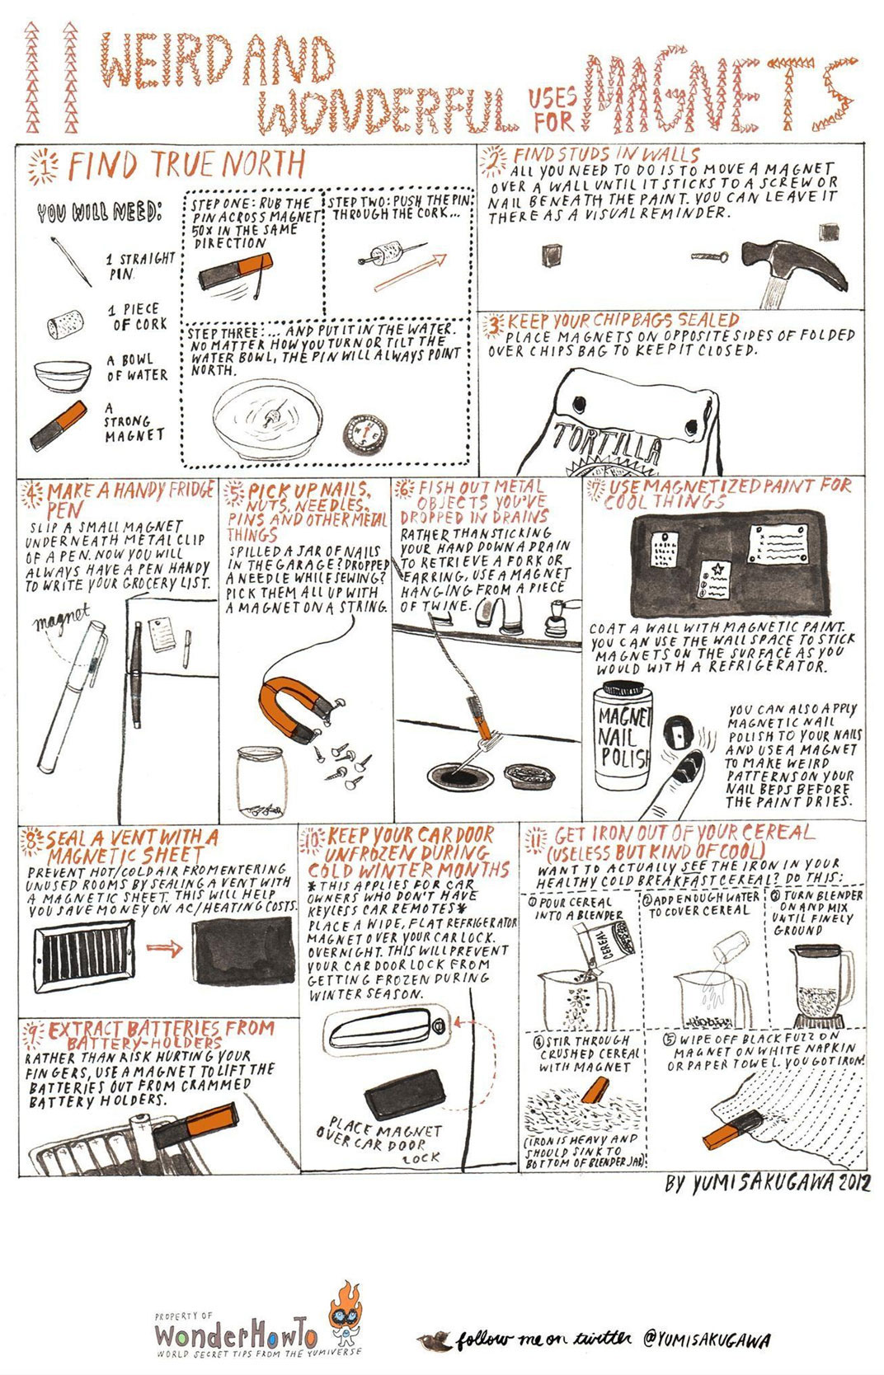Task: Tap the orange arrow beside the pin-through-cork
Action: point(411,271)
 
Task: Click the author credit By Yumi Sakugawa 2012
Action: point(767,1184)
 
